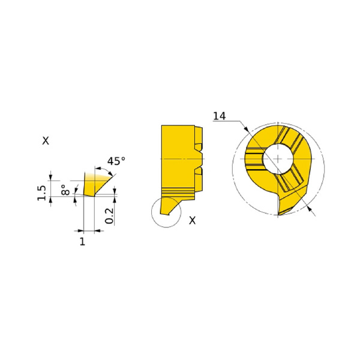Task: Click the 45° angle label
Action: click(x=116, y=161)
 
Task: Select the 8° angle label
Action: click(x=65, y=190)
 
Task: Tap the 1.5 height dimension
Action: click(x=41, y=193)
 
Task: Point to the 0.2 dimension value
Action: click(x=109, y=215)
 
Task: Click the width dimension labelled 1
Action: click(x=82, y=242)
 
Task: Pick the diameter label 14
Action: click(x=220, y=116)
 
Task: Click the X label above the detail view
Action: click(x=46, y=140)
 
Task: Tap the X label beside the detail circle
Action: click(x=193, y=220)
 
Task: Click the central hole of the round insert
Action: click(x=278, y=158)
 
